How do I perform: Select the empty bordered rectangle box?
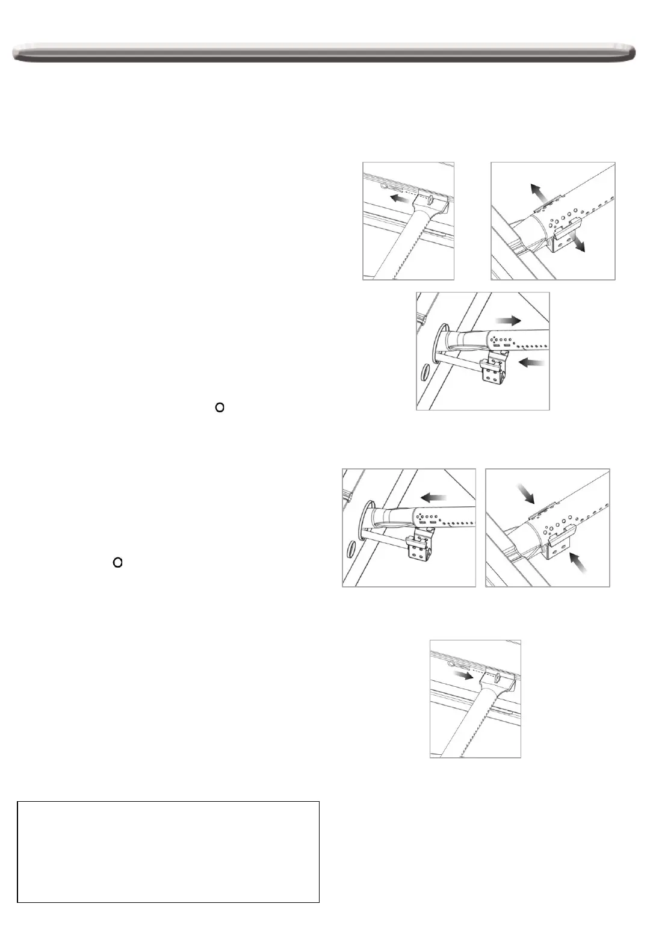(168, 852)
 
